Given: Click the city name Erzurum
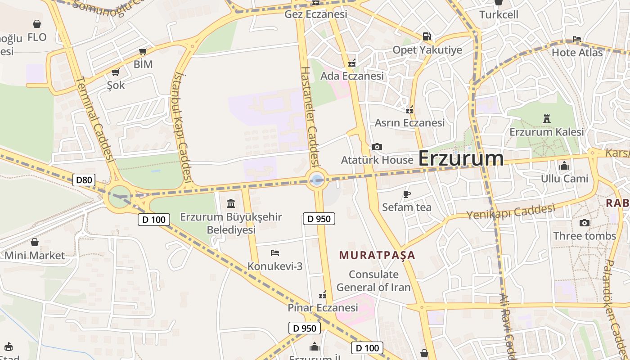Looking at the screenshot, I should tap(461, 158).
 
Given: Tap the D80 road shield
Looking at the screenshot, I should tap(84, 180).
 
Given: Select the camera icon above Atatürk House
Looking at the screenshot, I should tap(377, 147).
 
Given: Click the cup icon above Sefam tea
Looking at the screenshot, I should tap(407, 194).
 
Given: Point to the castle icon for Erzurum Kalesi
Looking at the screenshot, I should tap(547, 119).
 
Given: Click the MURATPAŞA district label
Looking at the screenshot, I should tap(377, 256).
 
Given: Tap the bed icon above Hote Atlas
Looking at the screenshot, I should tap(577, 39).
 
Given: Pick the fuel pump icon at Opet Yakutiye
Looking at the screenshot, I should tap(426, 36).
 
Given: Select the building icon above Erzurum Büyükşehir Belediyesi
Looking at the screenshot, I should tap(231, 203).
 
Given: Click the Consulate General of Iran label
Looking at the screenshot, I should tap(373, 281).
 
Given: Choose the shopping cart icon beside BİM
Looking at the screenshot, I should tap(143, 51).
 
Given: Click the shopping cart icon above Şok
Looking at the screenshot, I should tap(116, 72).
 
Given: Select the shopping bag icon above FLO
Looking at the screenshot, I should tap(37, 24).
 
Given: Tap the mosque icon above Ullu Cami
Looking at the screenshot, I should tap(564, 166).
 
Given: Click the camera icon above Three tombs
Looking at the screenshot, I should tap(584, 223).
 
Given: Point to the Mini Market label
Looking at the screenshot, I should tap(35, 256).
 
